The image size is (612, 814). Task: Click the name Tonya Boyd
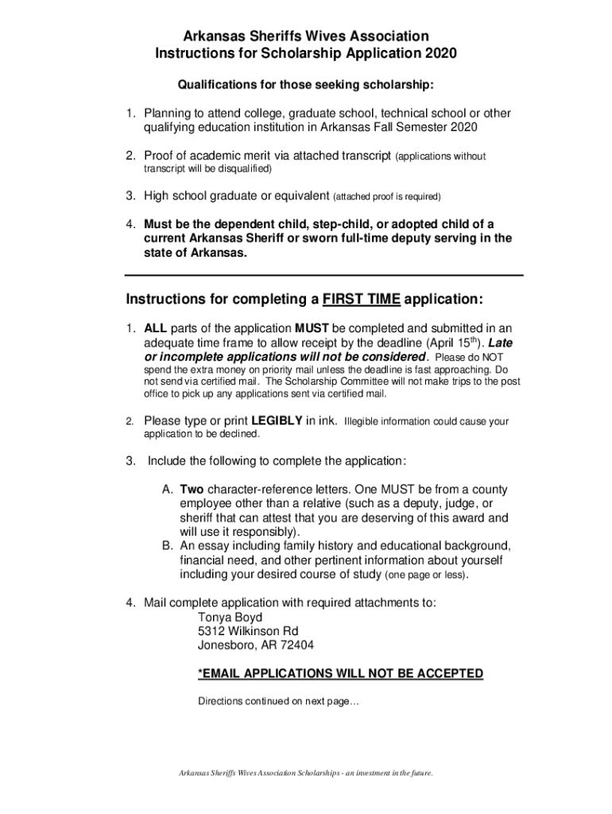click(230, 617)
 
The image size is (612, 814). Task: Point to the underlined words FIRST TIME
click(361, 300)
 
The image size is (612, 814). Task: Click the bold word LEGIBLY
click(277, 421)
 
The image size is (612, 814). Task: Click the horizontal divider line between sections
click(324, 275)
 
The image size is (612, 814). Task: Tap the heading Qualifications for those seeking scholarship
click(306, 85)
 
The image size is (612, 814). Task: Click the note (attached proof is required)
click(386, 196)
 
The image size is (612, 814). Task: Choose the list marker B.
click(167, 546)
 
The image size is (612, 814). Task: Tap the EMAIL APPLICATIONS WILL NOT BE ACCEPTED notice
click(340, 674)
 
